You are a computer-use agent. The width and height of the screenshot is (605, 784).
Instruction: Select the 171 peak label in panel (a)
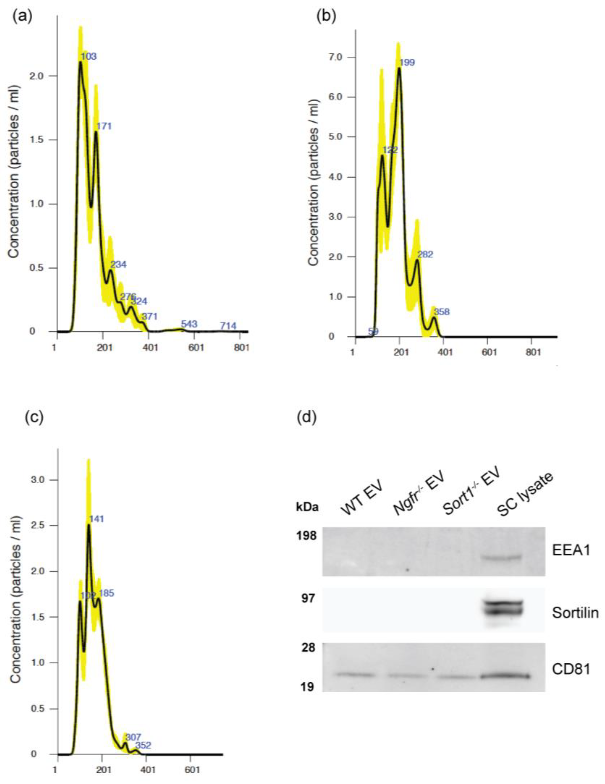tap(104, 126)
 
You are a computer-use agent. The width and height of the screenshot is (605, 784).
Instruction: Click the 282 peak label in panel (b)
tap(425, 255)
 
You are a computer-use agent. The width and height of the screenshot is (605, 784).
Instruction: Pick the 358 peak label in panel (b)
tap(442, 312)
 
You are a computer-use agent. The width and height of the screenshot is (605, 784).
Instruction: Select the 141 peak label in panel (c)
tap(96, 519)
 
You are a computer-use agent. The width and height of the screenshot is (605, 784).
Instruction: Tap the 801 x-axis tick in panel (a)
tap(241, 348)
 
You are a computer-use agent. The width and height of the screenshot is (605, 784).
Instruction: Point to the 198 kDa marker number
tap(306, 536)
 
